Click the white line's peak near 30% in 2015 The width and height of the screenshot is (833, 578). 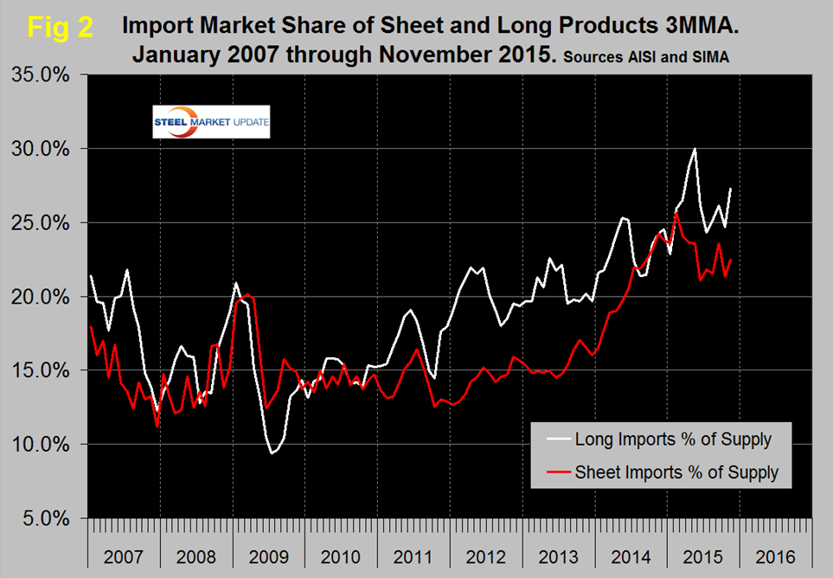click(x=694, y=149)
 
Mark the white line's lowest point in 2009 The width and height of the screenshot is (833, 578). click(x=272, y=453)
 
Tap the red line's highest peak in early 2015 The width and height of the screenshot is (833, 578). click(x=676, y=213)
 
